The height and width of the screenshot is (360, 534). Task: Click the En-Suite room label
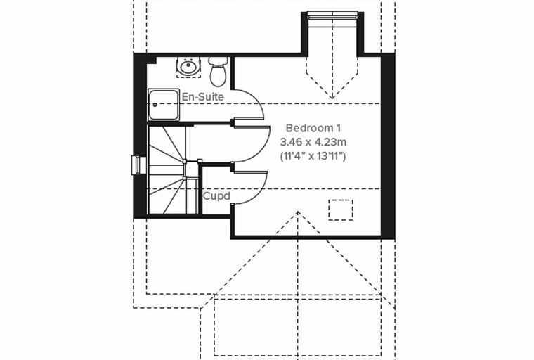pyautogui.click(x=202, y=97)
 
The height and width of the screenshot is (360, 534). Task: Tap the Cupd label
pyautogui.click(x=216, y=196)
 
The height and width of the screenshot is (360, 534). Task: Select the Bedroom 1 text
pyautogui.click(x=313, y=128)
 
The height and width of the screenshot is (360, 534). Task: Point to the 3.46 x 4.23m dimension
pyautogui.click(x=313, y=141)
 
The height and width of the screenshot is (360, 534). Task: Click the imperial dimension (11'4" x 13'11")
pyautogui.click(x=313, y=156)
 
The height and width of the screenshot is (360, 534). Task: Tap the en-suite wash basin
pyautogui.click(x=188, y=66)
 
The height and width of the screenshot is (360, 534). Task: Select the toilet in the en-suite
pyautogui.click(x=218, y=71)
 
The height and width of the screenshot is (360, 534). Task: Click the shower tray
pyautogui.click(x=164, y=105)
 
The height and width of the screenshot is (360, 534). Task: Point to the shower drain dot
pyautogui.click(x=155, y=105)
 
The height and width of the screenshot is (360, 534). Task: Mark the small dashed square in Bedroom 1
pyautogui.click(x=341, y=210)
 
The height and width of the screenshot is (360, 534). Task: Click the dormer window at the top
pyautogui.click(x=332, y=15)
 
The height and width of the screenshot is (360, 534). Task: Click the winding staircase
pyautogui.click(x=173, y=169)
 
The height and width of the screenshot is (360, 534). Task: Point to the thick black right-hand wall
pyautogui.click(x=388, y=146)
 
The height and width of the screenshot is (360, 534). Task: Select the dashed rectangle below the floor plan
pyautogui.click(x=298, y=327)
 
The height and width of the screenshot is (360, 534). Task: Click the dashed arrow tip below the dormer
pyautogui.click(x=332, y=98)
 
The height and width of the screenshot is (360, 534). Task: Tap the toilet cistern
pyautogui.click(x=218, y=60)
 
